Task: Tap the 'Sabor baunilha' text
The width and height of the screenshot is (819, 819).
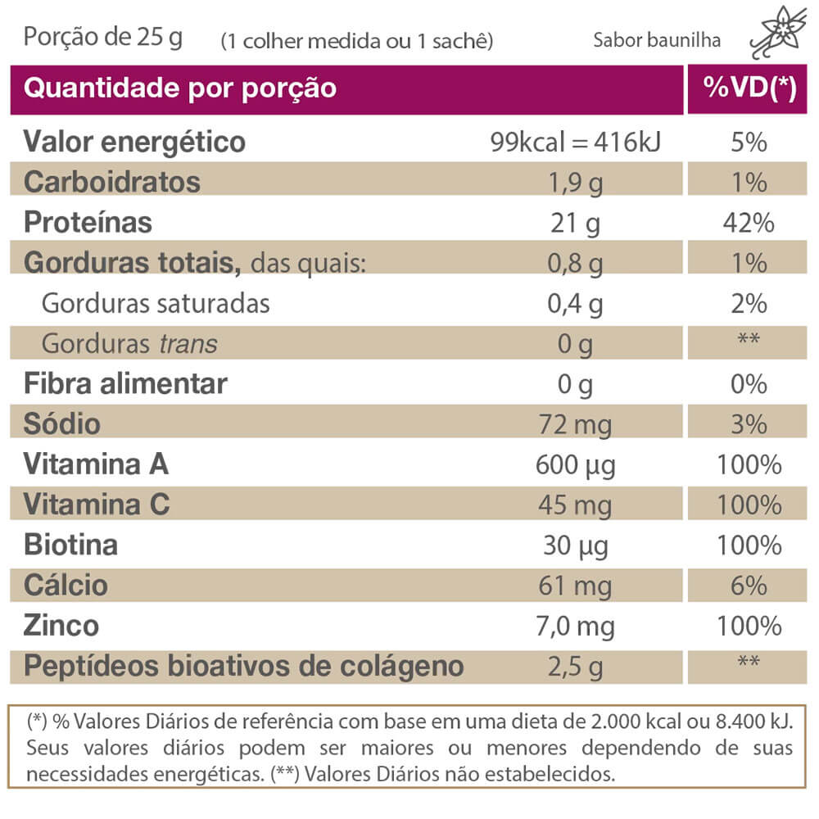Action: (658, 41)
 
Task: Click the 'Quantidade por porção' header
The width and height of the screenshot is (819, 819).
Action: (180, 88)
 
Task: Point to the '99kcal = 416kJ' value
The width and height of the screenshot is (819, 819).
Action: (575, 143)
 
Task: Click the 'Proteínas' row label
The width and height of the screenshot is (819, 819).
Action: (88, 222)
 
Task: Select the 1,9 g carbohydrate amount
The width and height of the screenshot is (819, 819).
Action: (575, 183)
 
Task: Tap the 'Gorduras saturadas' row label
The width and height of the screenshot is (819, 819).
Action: (156, 303)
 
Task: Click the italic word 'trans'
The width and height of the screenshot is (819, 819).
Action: (188, 344)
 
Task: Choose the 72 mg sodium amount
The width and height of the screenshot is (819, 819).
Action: (575, 424)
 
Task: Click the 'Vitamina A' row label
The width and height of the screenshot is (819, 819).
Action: (96, 464)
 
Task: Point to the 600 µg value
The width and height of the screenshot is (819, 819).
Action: (575, 465)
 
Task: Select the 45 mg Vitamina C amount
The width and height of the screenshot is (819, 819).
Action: (575, 505)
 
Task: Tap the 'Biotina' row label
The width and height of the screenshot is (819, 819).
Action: (70, 545)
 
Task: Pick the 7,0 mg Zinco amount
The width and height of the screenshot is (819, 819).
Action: (575, 627)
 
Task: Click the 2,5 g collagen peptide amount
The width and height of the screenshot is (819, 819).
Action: (575, 667)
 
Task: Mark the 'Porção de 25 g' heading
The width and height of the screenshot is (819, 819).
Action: (103, 38)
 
